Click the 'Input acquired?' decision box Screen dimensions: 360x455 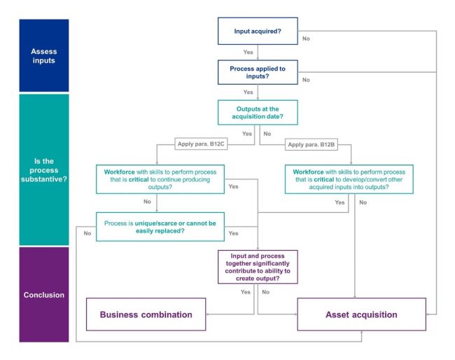pyautogui.click(x=258, y=32)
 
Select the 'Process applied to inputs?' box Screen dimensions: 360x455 pyautogui.click(x=258, y=71)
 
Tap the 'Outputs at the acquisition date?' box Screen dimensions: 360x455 pyautogui.click(x=258, y=112)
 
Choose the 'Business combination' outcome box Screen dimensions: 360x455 pyautogui.click(x=146, y=314)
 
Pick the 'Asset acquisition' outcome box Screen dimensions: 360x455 pyautogui.click(x=361, y=314)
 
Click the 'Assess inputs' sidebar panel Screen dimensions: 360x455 pyautogui.click(x=44, y=55)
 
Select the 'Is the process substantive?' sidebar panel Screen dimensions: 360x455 pyautogui.click(x=44, y=169)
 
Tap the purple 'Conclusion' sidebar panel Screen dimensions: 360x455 pyautogui.click(x=44, y=293)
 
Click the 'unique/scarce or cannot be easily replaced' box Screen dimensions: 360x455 pyautogui.click(x=160, y=226)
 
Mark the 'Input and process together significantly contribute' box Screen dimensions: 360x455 pyautogui.click(x=258, y=266)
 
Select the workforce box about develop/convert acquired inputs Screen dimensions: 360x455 pyautogui.click(x=349, y=178)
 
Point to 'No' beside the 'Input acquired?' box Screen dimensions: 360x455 pyautogui.click(x=306, y=39)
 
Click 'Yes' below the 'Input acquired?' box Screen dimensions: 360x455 pyautogui.click(x=248, y=53)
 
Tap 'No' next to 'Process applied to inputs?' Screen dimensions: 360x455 pyautogui.click(x=306, y=80)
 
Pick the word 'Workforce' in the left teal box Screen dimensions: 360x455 pyautogui.click(x=117, y=172)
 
